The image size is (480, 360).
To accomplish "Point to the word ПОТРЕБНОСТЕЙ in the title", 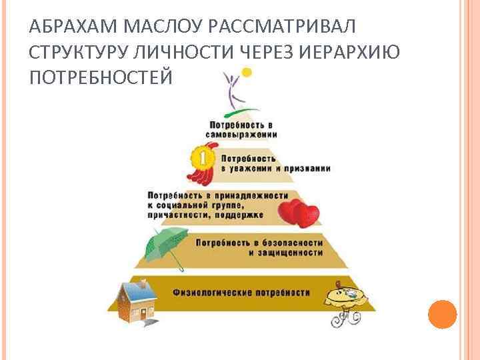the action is (101, 78).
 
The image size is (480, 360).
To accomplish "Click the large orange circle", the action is (442, 314).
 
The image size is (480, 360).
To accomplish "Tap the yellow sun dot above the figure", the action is (247, 71).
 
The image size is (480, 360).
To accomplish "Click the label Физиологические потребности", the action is (241, 293).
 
